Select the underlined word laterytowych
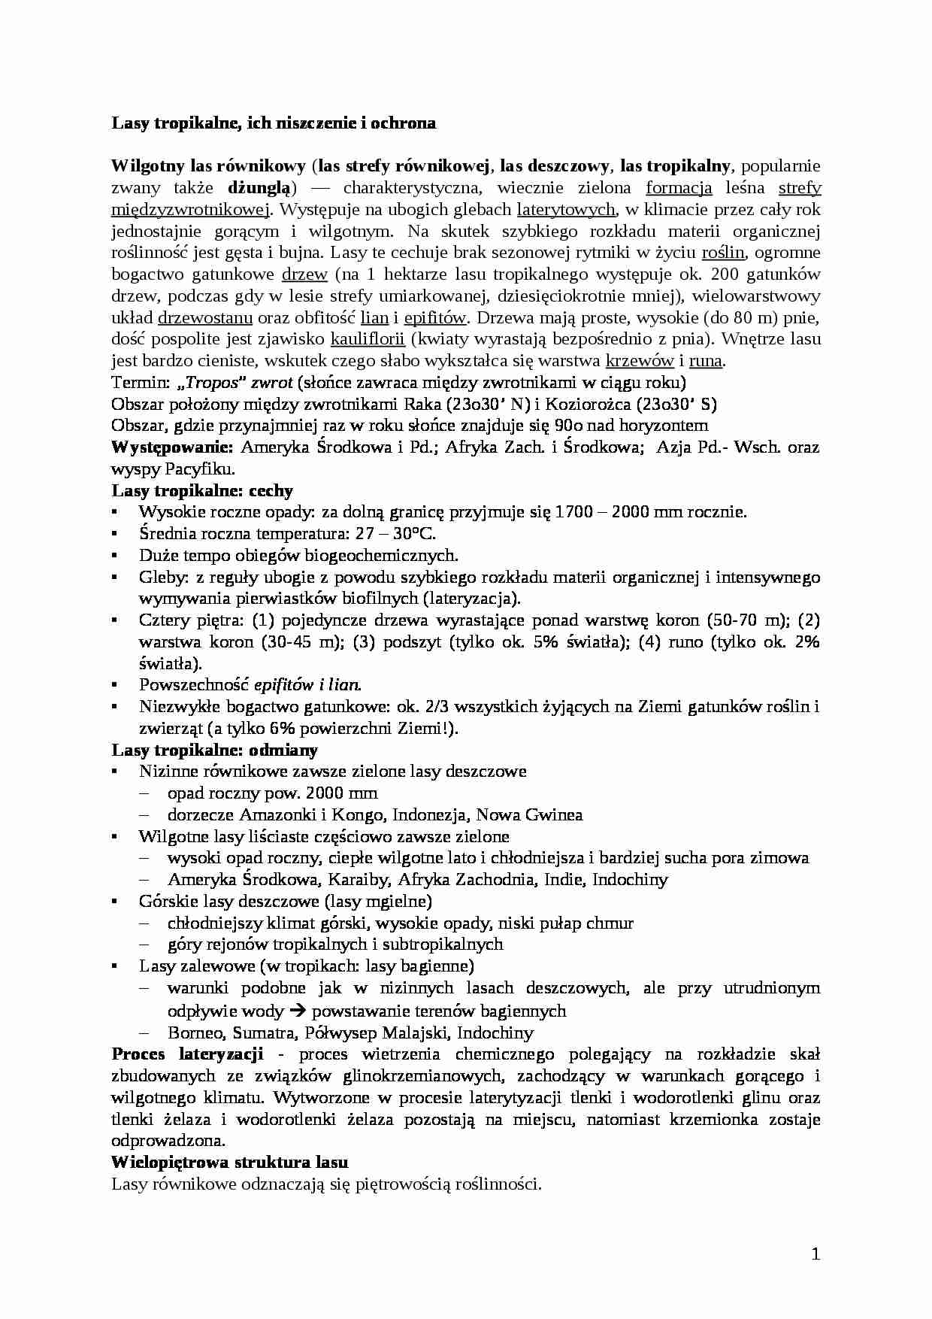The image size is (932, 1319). (567, 209)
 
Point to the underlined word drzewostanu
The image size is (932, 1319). (205, 317)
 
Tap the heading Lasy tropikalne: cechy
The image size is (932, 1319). (202, 491)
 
